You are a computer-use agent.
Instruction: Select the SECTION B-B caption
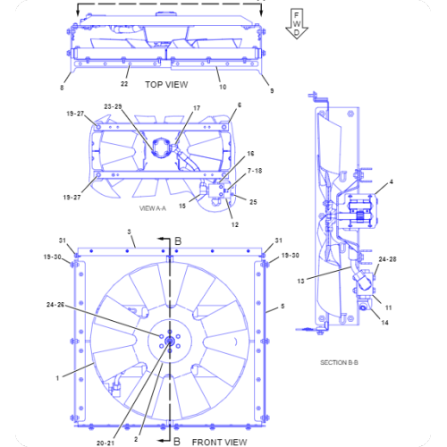click(x=340, y=362)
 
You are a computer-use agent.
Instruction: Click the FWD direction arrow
click(x=297, y=23)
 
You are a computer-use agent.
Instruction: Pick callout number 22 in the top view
click(x=125, y=84)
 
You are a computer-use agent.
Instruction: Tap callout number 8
click(x=62, y=88)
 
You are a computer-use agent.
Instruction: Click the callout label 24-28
click(x=387, y=259)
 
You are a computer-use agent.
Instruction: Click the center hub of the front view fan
click(x=168, y=339)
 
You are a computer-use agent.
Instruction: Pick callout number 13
click(x=301, y=280)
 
